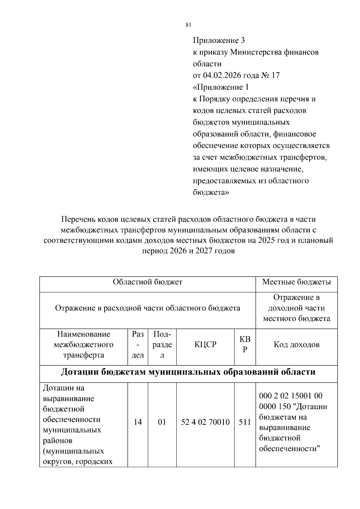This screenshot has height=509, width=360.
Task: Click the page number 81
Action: [x=188, y=25]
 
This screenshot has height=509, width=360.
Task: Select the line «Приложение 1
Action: [x=220, y=87]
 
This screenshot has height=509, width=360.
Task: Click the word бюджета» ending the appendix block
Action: [x=211, y=192]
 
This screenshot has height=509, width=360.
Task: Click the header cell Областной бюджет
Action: [x=147, y=282]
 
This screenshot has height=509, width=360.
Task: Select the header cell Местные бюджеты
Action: [x=296, y=282]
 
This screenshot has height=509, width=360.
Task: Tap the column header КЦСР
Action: [x=205, y=345]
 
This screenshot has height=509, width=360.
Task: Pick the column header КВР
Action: [x=245, y=345]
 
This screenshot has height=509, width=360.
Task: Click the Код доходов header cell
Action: [x=296, y=345]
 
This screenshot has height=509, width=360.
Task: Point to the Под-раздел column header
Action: [x=162, y=345]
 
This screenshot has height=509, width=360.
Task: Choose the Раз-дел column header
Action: [x=138, y=345]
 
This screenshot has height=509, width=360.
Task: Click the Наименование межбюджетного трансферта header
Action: [x=84, y=345]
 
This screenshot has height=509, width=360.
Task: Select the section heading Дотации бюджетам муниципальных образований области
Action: [x=188, y=372]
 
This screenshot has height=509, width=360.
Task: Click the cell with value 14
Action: [x=138, y=422]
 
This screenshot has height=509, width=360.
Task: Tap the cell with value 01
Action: [x=162, y=422]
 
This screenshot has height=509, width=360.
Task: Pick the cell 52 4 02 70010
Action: [x=205, y=422]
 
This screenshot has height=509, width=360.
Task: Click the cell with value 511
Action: [x=245, y=422]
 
